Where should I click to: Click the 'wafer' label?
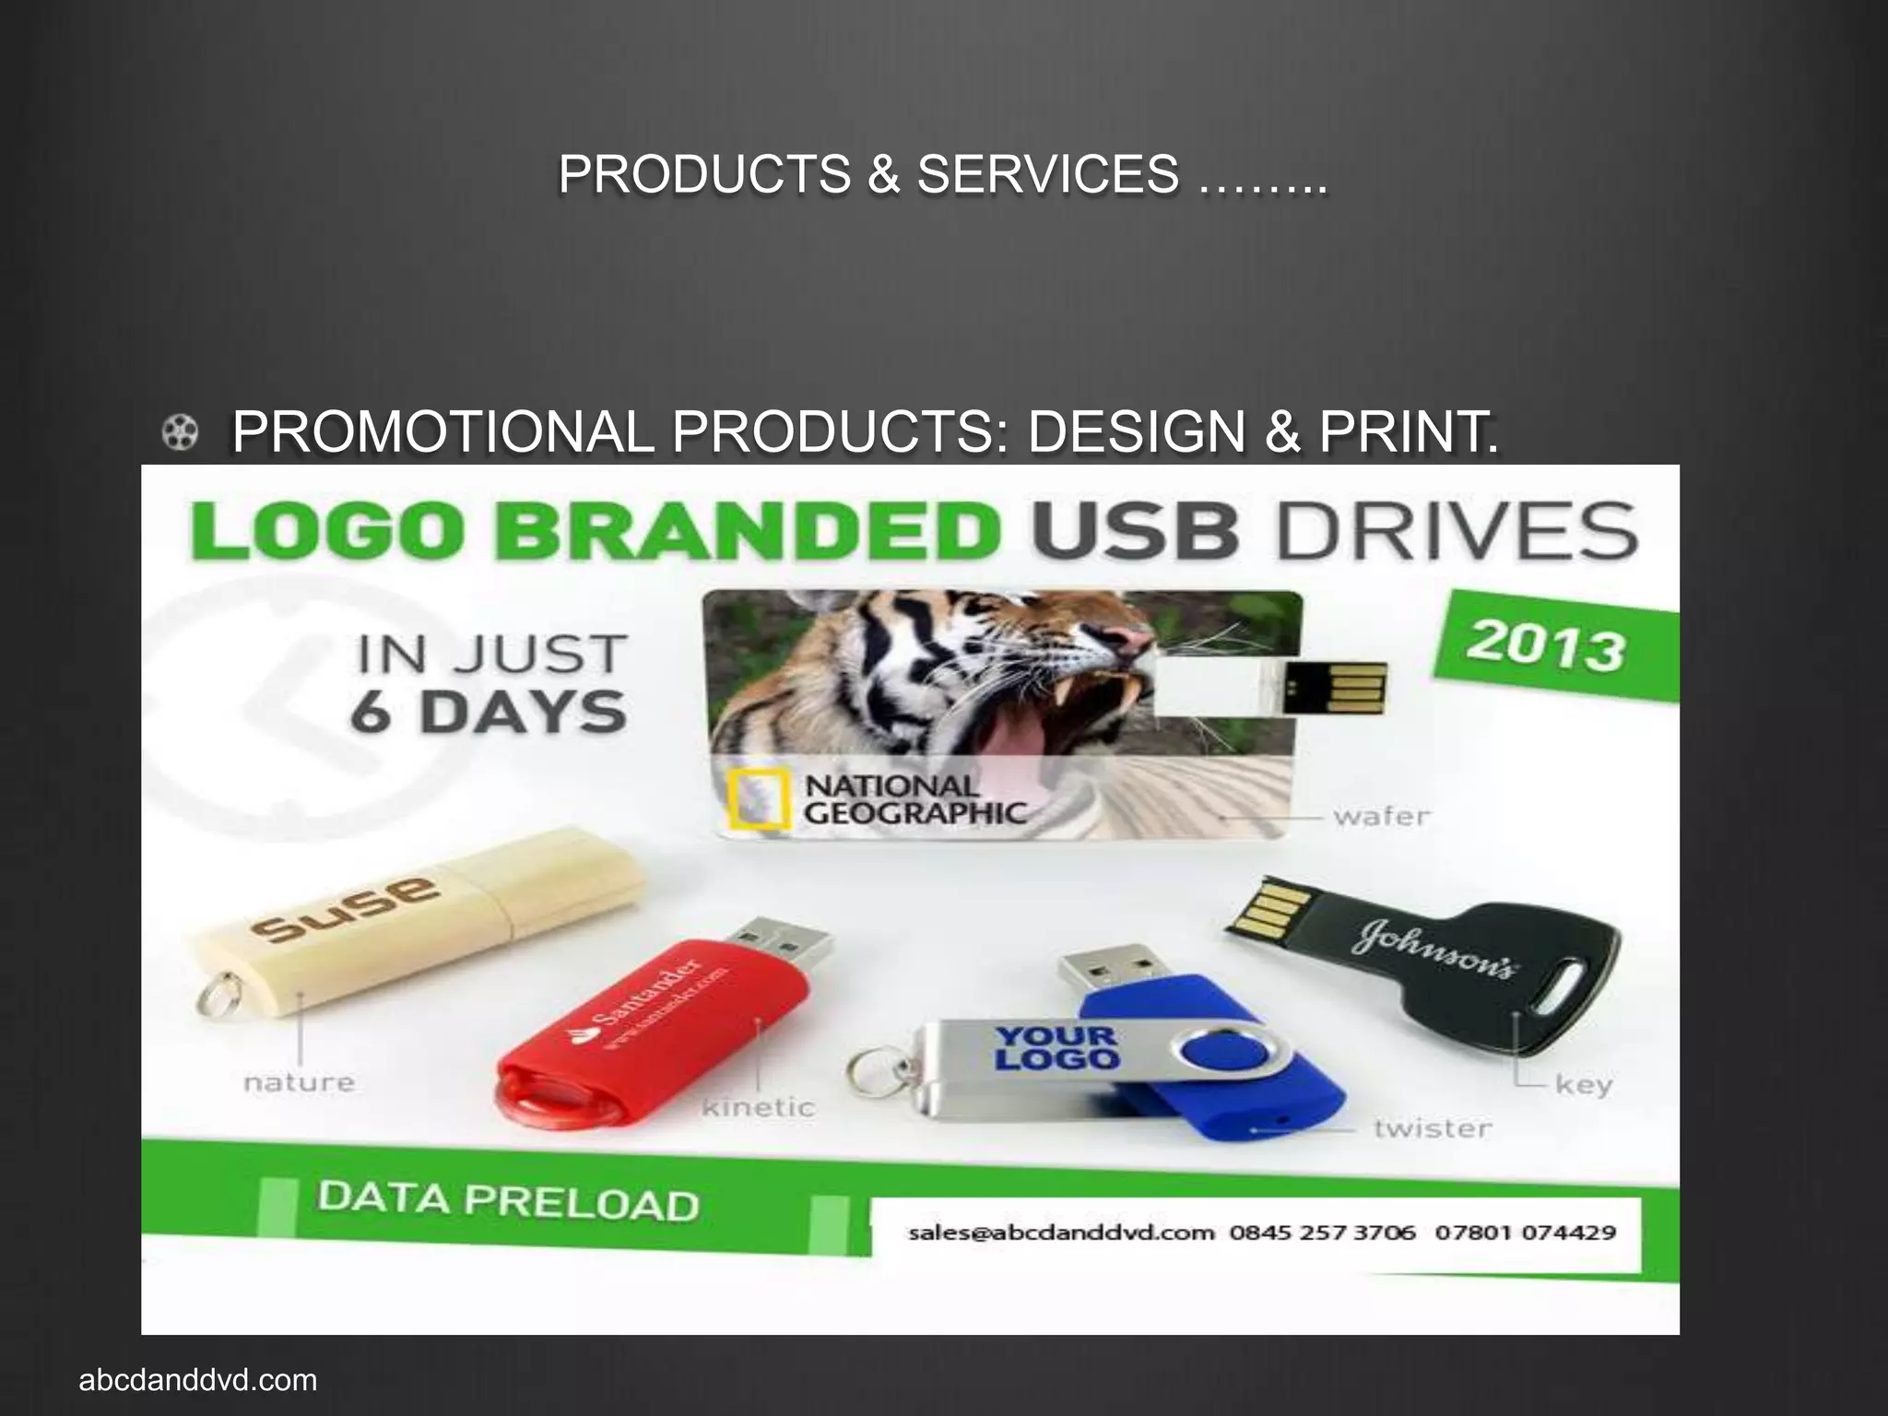point(1381,817)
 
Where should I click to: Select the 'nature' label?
point(299,1081)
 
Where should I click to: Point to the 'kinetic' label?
point(758,1106)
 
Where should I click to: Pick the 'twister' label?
point(1432,1128)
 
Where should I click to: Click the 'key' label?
point(1583,1084)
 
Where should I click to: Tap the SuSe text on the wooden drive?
point(347,907)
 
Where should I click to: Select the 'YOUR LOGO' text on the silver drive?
point(1056,1048)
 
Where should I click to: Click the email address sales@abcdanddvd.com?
point(1061,1233)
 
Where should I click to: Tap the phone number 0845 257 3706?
point(1322,1233)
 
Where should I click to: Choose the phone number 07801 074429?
point(1525,1233)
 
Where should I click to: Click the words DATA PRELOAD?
point(508,1201)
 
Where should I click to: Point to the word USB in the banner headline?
point(1135,532)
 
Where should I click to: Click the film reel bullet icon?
point(181,432)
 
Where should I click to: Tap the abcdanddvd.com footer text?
point(198,1381)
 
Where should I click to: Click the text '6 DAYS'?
point(489,714)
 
